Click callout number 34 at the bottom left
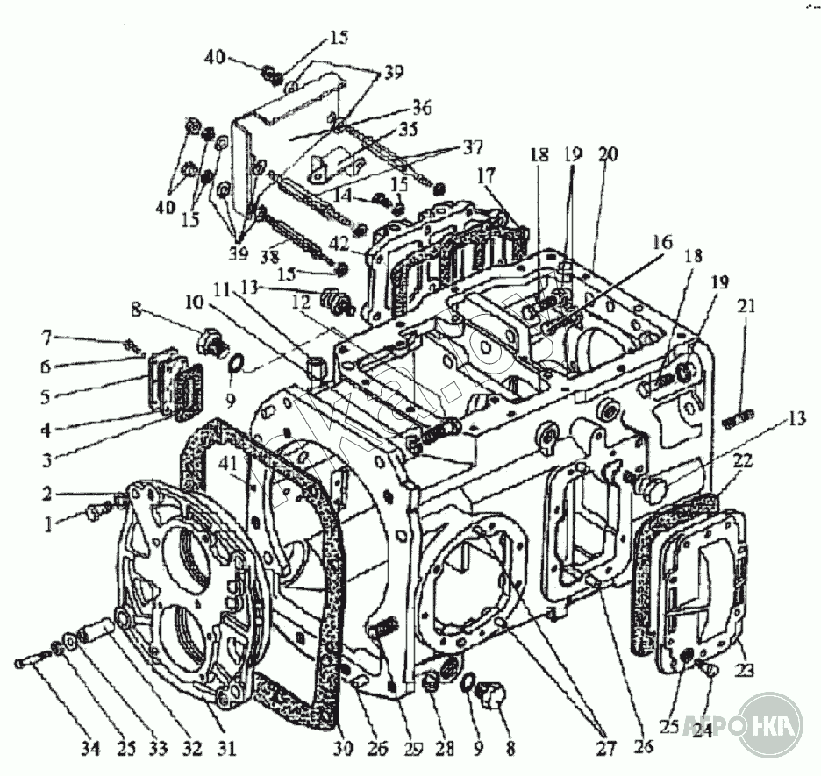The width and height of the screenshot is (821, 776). click(91, 749)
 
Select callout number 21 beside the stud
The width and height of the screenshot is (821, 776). click(747, 306)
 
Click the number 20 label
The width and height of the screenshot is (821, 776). click(607, 154)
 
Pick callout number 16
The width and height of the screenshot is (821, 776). click(663, 243)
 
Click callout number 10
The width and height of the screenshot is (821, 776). click(195, 301)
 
